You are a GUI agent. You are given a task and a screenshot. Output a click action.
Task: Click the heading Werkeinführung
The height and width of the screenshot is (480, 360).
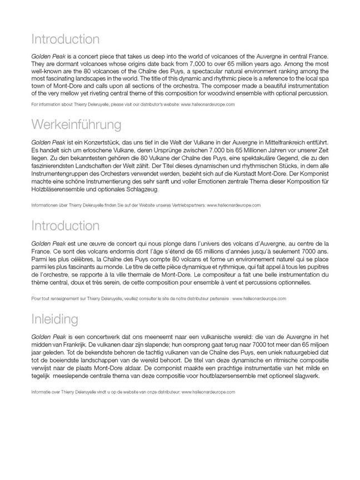pyautogui.click(x=76, y=123)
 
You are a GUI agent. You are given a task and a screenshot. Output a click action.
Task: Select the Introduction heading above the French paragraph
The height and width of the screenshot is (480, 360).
pyautogui.click(x=65, y=226)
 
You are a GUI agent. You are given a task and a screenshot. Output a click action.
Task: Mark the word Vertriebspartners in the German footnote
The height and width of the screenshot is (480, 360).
pyautogui.click(x=187, y=205)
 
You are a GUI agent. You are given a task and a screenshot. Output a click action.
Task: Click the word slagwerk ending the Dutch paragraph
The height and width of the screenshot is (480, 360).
pyautogui.click(x=306, y=376)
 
